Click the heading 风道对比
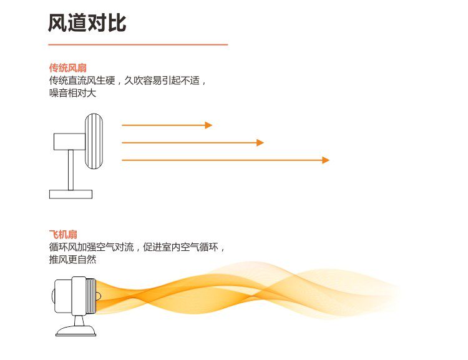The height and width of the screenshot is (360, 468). point(87,23)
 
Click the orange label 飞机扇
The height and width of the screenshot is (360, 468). point(63,234)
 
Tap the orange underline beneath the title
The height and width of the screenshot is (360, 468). point(138,45)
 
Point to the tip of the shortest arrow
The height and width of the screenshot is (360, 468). point(210,125)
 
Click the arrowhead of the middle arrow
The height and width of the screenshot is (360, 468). point(261,143)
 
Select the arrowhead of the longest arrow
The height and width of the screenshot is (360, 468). point(326,160)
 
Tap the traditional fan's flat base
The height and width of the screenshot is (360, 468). point(71,194)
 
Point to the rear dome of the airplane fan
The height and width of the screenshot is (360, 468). point(53,296)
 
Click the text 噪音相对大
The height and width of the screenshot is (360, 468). point(72,94)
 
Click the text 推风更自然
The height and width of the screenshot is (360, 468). point(72,260)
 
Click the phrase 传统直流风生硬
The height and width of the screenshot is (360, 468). point(82,81)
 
